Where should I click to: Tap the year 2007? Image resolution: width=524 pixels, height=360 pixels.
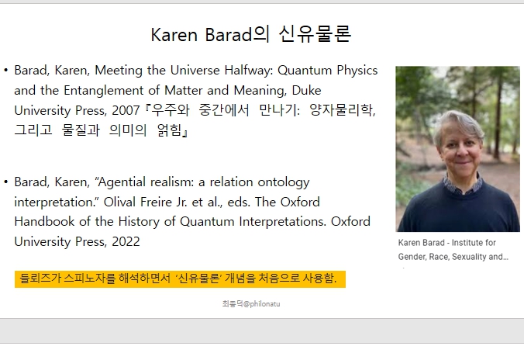click(x=126, y=110)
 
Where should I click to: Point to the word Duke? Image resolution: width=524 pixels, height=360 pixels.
click(x=306, y=90)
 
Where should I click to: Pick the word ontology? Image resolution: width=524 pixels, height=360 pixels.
click(x=284, y=182)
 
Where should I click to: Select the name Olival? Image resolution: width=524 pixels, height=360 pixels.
click(x=119, y=202)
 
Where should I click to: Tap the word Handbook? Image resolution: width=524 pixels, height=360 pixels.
click(x=44, y=221)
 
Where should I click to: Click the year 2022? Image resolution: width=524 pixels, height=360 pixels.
click(x=126, y=241)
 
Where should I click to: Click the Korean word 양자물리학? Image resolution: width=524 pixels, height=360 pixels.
click(x=343, y=110)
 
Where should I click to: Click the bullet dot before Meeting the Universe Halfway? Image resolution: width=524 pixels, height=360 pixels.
click(x=5, y=71)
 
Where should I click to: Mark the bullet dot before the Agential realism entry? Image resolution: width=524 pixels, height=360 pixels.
click(x=5, y=182)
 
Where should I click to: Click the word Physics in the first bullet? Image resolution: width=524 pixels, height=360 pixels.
click(x=357, y=71)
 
